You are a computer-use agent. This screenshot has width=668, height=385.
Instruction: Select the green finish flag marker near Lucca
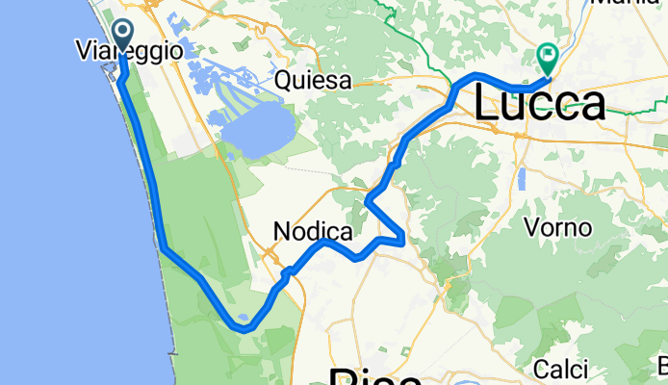(549, 59)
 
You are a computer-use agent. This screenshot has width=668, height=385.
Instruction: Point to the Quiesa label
(313, 81)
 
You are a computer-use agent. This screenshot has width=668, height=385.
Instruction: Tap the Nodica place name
(313, 231)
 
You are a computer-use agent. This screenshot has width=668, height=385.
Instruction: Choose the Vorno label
(552, 227)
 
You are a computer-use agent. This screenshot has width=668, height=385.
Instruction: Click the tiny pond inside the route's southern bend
(244, 317)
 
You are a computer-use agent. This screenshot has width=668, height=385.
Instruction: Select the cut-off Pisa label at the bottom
(375, 375)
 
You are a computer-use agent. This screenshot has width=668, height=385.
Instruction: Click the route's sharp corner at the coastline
(163, 248)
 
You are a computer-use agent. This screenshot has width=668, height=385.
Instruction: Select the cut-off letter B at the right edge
(663, 367)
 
